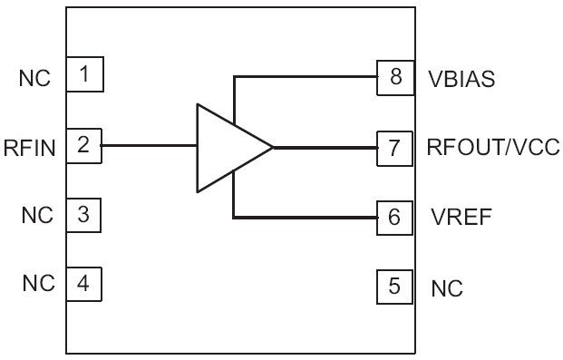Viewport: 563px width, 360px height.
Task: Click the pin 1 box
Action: tap(84, 74)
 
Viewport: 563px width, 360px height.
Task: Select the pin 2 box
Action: tap(84, 145)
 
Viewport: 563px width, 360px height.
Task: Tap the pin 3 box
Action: tap(84, 215)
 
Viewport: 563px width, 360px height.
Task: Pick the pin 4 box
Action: tap(84, 284)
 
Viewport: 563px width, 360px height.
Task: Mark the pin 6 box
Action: tap(394, 217)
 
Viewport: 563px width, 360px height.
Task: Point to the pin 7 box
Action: tap(394, 147)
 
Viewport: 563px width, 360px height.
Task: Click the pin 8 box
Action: tap(394, 77)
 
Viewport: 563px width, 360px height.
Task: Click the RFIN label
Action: tap(30, 147)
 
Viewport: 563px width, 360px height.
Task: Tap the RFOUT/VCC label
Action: tap(494, 147)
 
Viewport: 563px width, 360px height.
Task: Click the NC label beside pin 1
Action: tap(35, 78)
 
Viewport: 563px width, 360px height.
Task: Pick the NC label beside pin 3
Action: tap(35, 217)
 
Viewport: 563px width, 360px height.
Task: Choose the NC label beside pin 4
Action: tap(35, 285)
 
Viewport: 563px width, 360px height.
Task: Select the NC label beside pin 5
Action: tap(447, 289)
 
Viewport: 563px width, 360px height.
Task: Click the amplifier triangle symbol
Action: tap(227, 147)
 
